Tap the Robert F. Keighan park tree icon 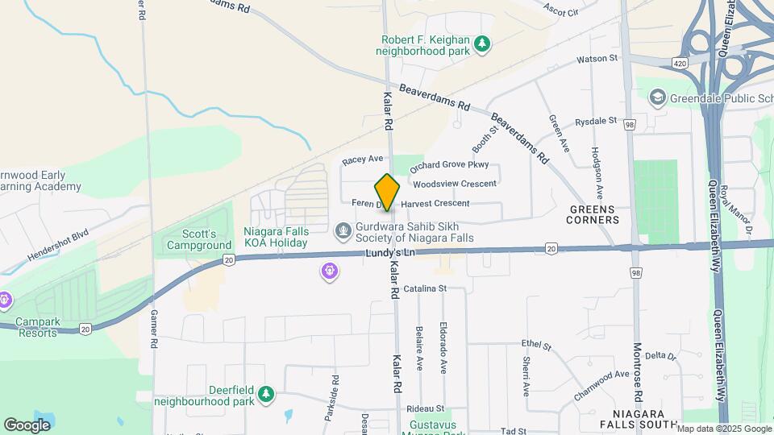pos(482,43)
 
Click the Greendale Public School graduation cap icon pos(657,97)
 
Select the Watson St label pos(597,59)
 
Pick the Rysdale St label pos(596,122)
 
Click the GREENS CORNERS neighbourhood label pos(594,213)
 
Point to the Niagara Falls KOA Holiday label pos(276,236)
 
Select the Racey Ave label pos(362,160)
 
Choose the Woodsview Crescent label pos(454,184)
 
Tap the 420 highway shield pos(679,63)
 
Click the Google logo pos(27,425)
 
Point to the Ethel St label pos(535,346)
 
